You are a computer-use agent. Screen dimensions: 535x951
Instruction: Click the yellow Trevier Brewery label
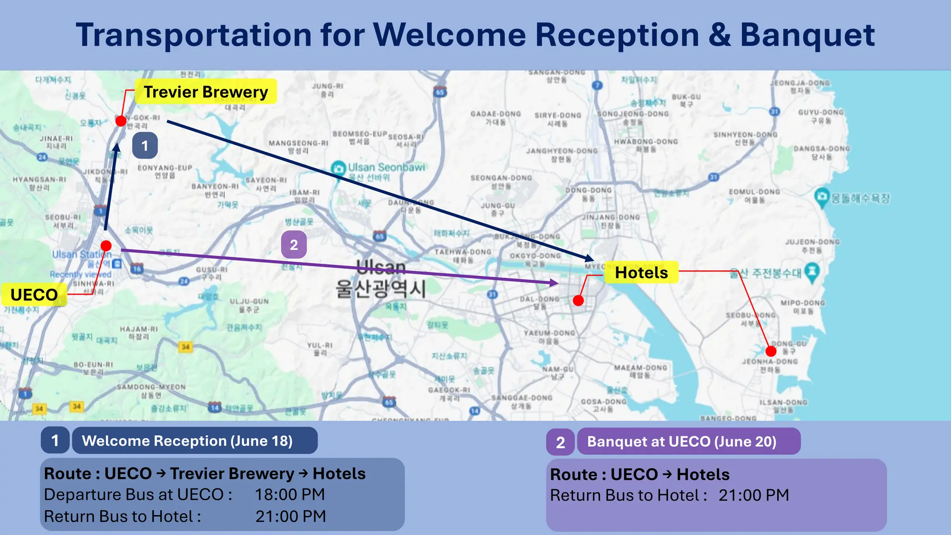click(206, 91)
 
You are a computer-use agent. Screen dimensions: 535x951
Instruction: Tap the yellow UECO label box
click(34, 294)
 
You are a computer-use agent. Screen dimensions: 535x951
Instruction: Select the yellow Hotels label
click(641, 273)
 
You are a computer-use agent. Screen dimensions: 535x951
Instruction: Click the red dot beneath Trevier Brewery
click(121, 121)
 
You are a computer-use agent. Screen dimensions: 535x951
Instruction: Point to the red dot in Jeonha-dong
click(771, 351)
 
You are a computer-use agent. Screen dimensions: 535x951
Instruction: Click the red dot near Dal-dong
click(578, 300)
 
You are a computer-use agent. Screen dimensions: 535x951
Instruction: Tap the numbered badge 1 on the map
click(145, 146)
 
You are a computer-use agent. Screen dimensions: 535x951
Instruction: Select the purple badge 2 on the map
click(294, 245)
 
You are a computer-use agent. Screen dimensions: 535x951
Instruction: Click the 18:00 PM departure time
click(290, 495)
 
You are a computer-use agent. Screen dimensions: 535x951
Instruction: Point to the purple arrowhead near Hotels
click(554, 282)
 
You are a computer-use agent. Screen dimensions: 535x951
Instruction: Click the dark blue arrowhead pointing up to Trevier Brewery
click(116, 148)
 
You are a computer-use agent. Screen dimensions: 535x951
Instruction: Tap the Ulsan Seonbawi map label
click(386, 167)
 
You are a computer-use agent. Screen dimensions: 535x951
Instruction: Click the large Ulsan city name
click(381, 267)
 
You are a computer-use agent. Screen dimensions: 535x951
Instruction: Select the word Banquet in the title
click(807, 35)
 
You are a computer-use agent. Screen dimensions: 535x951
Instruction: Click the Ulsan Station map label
click(81, 254)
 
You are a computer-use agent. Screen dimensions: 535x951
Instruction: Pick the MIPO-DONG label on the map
click(802, 303)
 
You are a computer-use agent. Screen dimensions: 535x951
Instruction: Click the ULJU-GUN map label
click(249, 301)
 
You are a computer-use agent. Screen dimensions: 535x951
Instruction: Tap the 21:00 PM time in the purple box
click(754, 495)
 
